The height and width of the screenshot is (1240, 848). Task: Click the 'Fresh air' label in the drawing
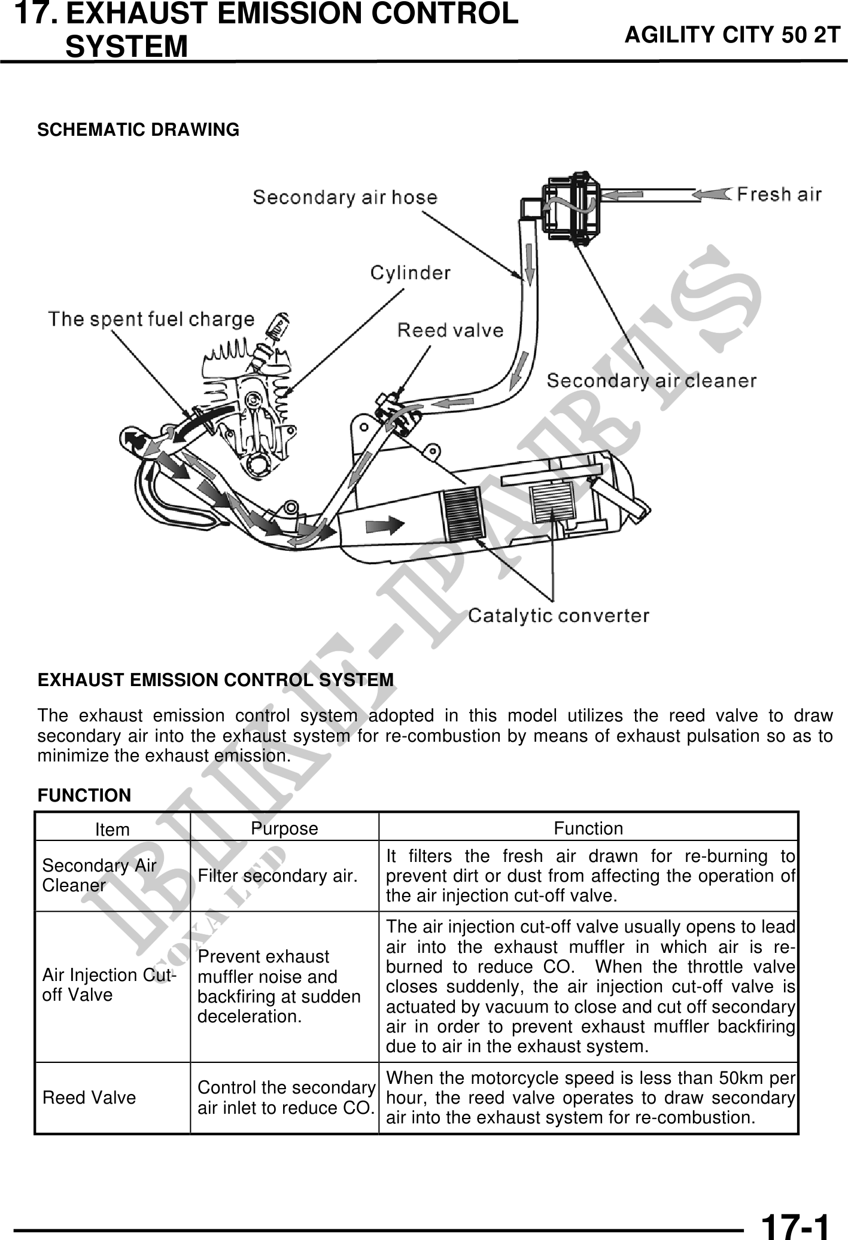779,194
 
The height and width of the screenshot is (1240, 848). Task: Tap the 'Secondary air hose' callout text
345,197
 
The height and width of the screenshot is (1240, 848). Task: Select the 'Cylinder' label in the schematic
410,273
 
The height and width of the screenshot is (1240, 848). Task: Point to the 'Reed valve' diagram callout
450,330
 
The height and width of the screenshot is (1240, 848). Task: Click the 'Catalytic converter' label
558,615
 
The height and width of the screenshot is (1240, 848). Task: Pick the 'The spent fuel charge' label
151,319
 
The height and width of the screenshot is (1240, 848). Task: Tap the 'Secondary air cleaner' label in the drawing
651,380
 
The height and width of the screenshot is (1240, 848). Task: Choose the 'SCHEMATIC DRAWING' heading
138,130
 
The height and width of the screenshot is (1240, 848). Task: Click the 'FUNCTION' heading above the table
84,796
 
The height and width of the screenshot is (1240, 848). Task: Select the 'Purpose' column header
284,828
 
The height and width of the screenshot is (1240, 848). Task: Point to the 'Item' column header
113,830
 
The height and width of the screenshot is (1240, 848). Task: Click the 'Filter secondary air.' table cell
278,876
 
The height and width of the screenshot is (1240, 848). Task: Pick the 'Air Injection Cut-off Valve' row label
108,985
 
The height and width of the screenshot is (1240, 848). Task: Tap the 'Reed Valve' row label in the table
89,1098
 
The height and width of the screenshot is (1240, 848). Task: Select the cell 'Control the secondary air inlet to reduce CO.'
286,1098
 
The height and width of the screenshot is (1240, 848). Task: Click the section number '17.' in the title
36,14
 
